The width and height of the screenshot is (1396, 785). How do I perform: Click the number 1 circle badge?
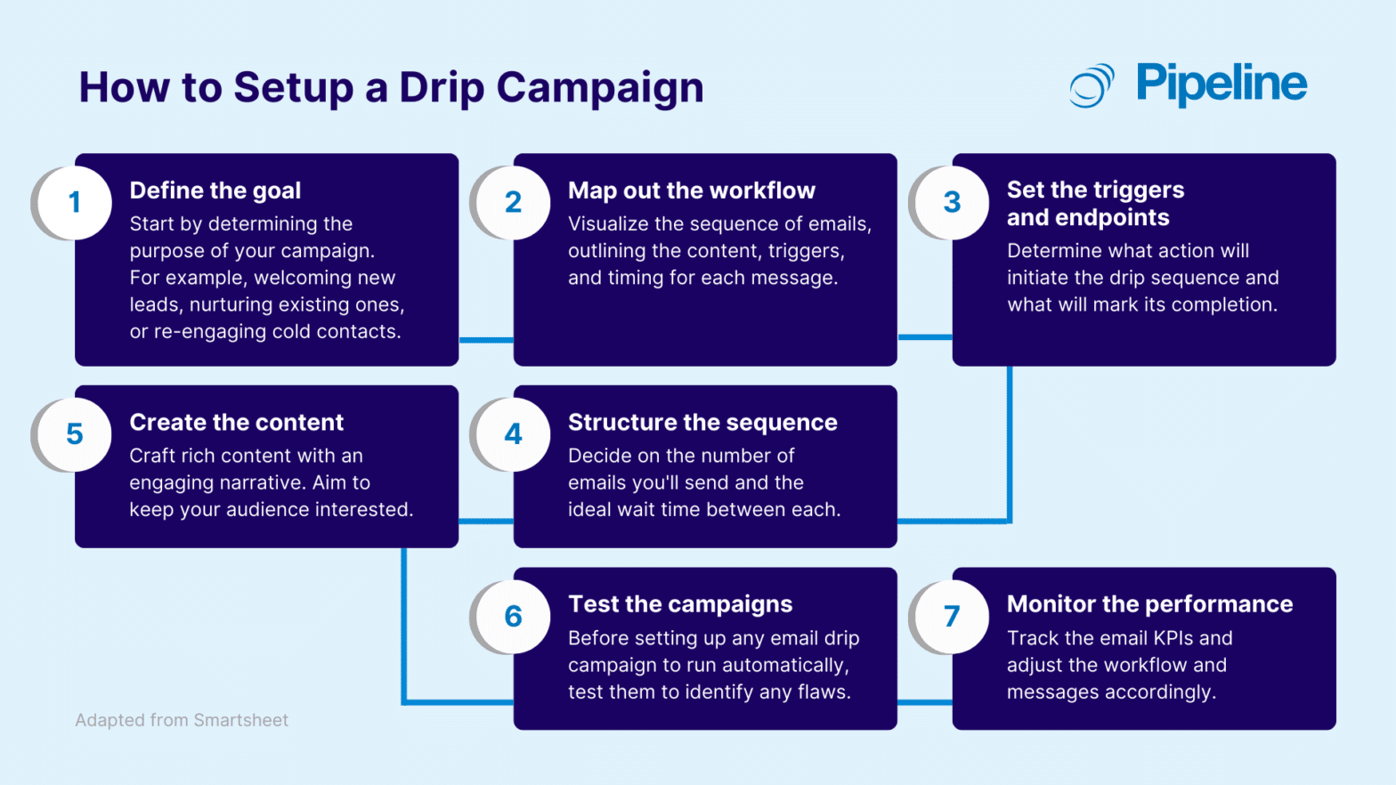[75, 203]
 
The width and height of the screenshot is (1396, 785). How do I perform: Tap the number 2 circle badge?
[514, 203]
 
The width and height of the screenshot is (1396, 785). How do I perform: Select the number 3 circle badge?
[952, 203]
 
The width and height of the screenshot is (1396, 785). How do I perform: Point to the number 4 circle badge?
[514, 434]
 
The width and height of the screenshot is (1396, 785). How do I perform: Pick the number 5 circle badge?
[75, 434]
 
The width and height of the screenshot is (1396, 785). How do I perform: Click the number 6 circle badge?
[514, 617]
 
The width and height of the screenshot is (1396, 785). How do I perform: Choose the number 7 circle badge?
[952, 617]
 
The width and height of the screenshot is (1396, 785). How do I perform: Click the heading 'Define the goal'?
[215, 190]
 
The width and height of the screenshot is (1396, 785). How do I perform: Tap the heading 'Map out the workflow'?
[692, 190]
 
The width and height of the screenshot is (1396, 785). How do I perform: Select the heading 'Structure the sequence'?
[702, 422]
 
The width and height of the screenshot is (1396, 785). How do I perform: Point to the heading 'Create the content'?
[237, 422]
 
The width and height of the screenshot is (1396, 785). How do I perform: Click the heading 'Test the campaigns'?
[680, 604]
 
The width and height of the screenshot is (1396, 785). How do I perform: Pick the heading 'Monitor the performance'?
[1149, 604]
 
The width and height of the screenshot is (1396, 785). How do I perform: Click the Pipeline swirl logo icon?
[1092, 85]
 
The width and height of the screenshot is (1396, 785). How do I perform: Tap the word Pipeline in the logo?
[1221, 85]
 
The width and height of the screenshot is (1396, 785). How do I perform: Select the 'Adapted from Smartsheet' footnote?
[182, 720]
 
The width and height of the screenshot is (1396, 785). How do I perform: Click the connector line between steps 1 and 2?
[486, 340]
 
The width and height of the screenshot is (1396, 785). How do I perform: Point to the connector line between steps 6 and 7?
[924, 702]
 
